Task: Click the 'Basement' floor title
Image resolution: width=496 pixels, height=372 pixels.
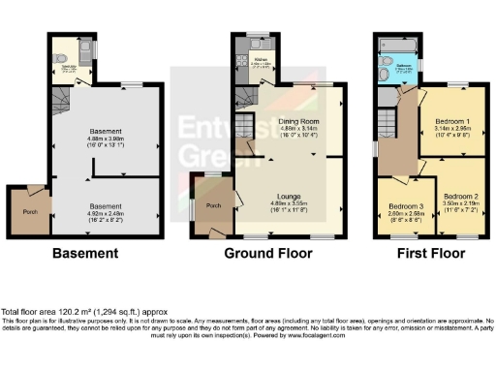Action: pyautogui.click(x=86, y=253)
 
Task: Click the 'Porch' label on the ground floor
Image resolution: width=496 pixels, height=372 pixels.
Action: pyautogui.click(x=215, y=205)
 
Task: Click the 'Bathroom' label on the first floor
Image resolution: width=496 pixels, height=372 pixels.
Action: pyautogui.click(x=404, y=66)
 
